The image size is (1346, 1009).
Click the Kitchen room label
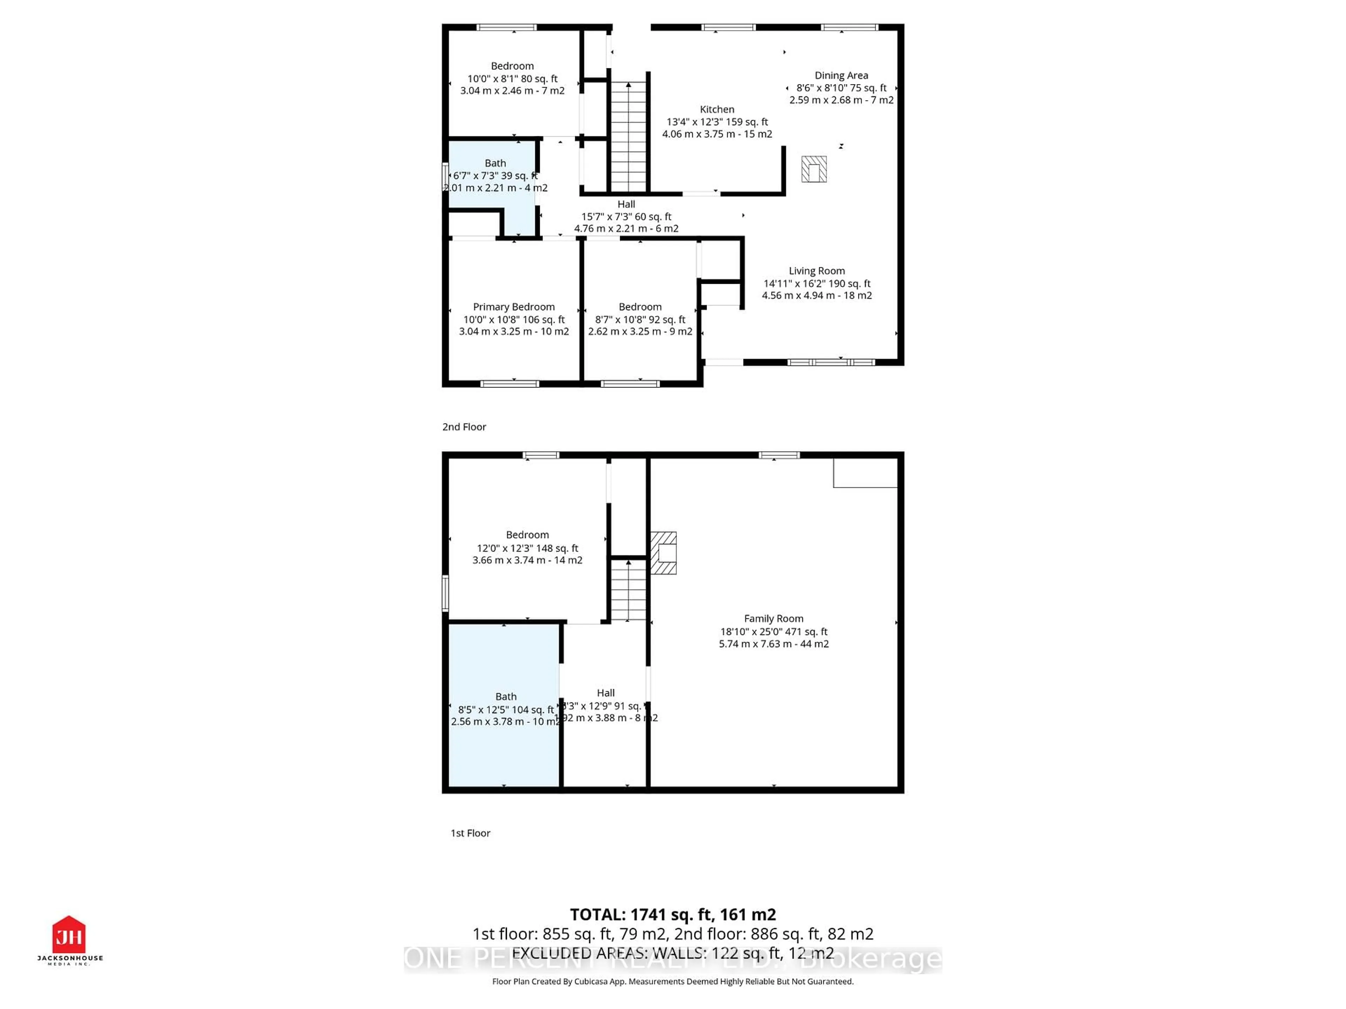[717, 109]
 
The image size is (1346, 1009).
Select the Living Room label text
[817, 271]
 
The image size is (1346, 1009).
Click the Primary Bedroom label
[514, 307]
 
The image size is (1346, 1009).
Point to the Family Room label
[773, 618]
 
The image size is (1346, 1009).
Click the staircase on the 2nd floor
[628, 137]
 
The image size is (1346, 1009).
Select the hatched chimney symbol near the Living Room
[814, 169]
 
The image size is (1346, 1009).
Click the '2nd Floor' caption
[464, 427]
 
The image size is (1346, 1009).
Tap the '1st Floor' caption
[470, 833]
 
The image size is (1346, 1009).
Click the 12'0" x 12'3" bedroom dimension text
[527, 548]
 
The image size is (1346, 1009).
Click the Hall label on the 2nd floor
[626, 204]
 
